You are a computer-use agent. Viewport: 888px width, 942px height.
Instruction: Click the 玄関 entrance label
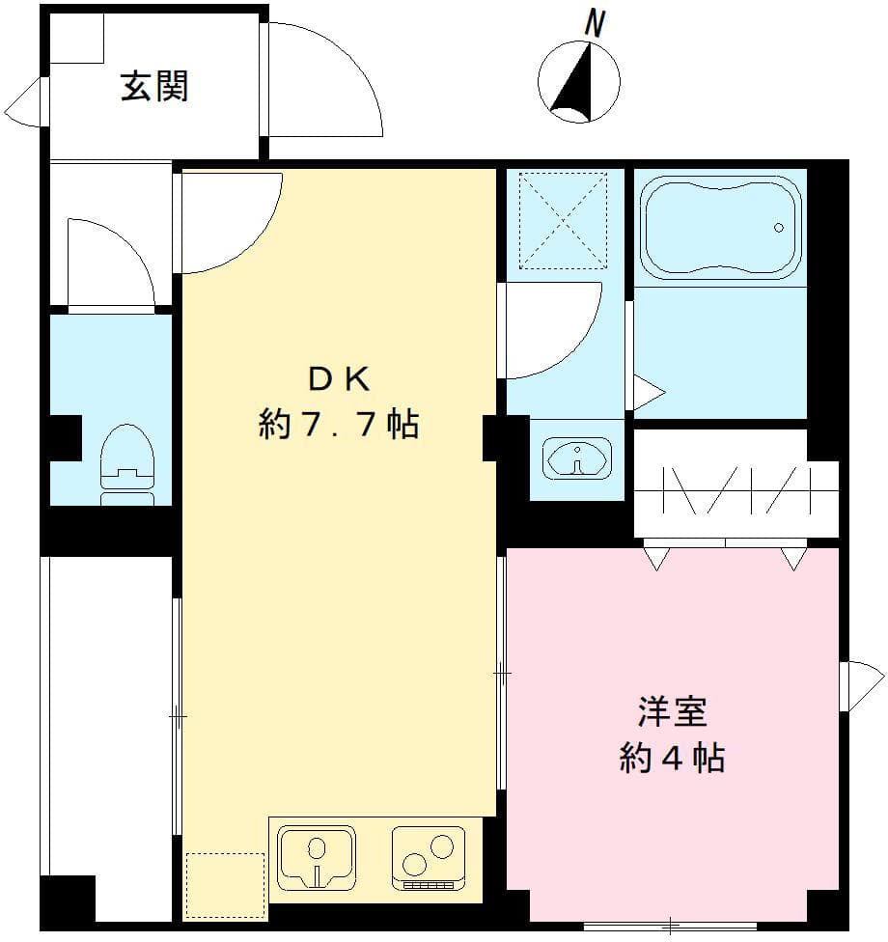point(153,87)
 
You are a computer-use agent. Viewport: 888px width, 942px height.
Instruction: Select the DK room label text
point(338,379)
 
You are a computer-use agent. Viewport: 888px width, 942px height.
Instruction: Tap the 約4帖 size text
point(672,759)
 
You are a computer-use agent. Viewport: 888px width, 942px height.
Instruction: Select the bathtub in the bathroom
point(722,228)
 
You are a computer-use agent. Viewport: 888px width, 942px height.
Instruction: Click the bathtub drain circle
point(778,229)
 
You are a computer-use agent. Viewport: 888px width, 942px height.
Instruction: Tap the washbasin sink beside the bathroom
point(577,457)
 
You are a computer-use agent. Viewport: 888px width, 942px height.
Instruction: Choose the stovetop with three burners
point(425,855)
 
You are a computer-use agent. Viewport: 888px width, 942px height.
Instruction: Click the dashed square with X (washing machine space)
point(563,219)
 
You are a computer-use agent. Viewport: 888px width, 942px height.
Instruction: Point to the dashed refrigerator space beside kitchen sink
point(225,885)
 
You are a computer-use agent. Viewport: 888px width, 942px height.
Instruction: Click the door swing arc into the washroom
point(550,328)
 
